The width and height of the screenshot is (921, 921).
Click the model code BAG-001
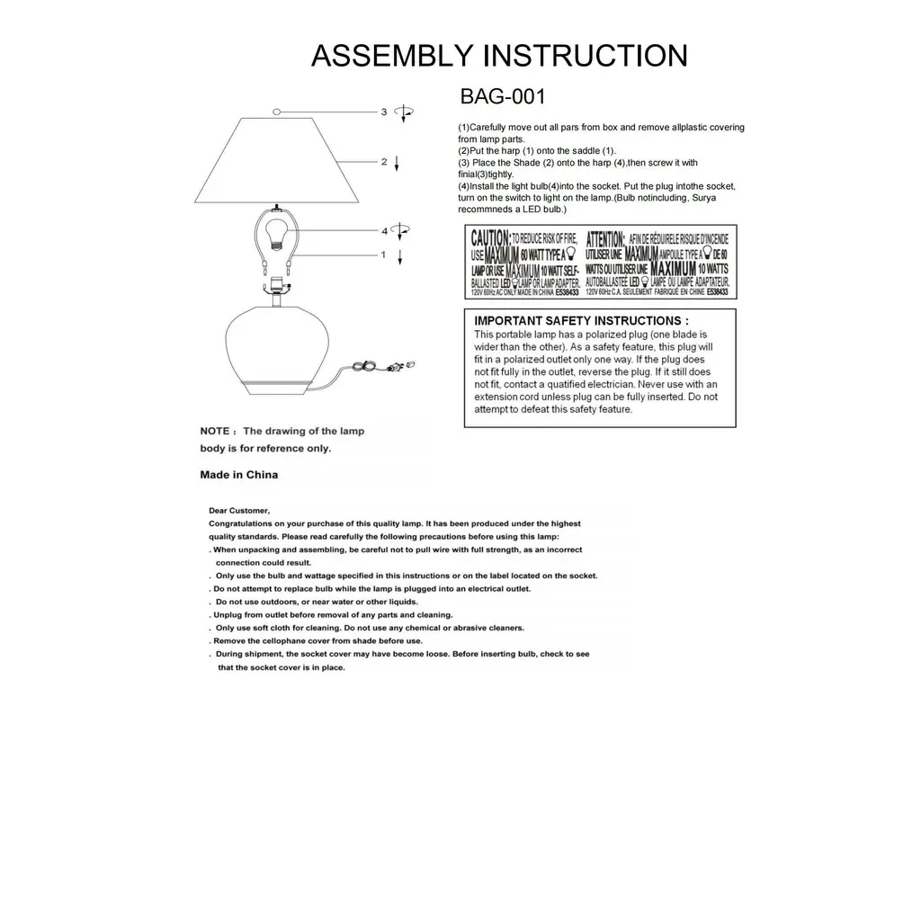[x=503, y=96]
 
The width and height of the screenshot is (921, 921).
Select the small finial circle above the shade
[x=278, y=112]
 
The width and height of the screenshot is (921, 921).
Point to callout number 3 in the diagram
[x=384, y=112]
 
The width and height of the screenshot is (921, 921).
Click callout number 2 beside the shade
[x=384, y=162]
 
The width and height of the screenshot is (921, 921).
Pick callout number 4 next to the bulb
[x=384, y=231]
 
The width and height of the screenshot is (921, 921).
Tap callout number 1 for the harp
[x=384, y=255]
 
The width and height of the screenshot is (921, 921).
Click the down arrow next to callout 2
[x=398, y=163]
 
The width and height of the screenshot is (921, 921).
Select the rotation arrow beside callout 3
[x=406, y=112]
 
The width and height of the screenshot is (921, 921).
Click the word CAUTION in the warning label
[x=490, y=238]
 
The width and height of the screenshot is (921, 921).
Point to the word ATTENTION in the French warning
[x=605, y=238]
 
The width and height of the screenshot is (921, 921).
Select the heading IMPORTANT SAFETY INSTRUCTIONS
[x=581, y=320]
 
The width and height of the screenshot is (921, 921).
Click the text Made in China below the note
[x=238, y=474]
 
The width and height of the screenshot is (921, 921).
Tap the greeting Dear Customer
[x=238, y=511]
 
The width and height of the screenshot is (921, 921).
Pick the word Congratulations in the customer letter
[x=242, y=523]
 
